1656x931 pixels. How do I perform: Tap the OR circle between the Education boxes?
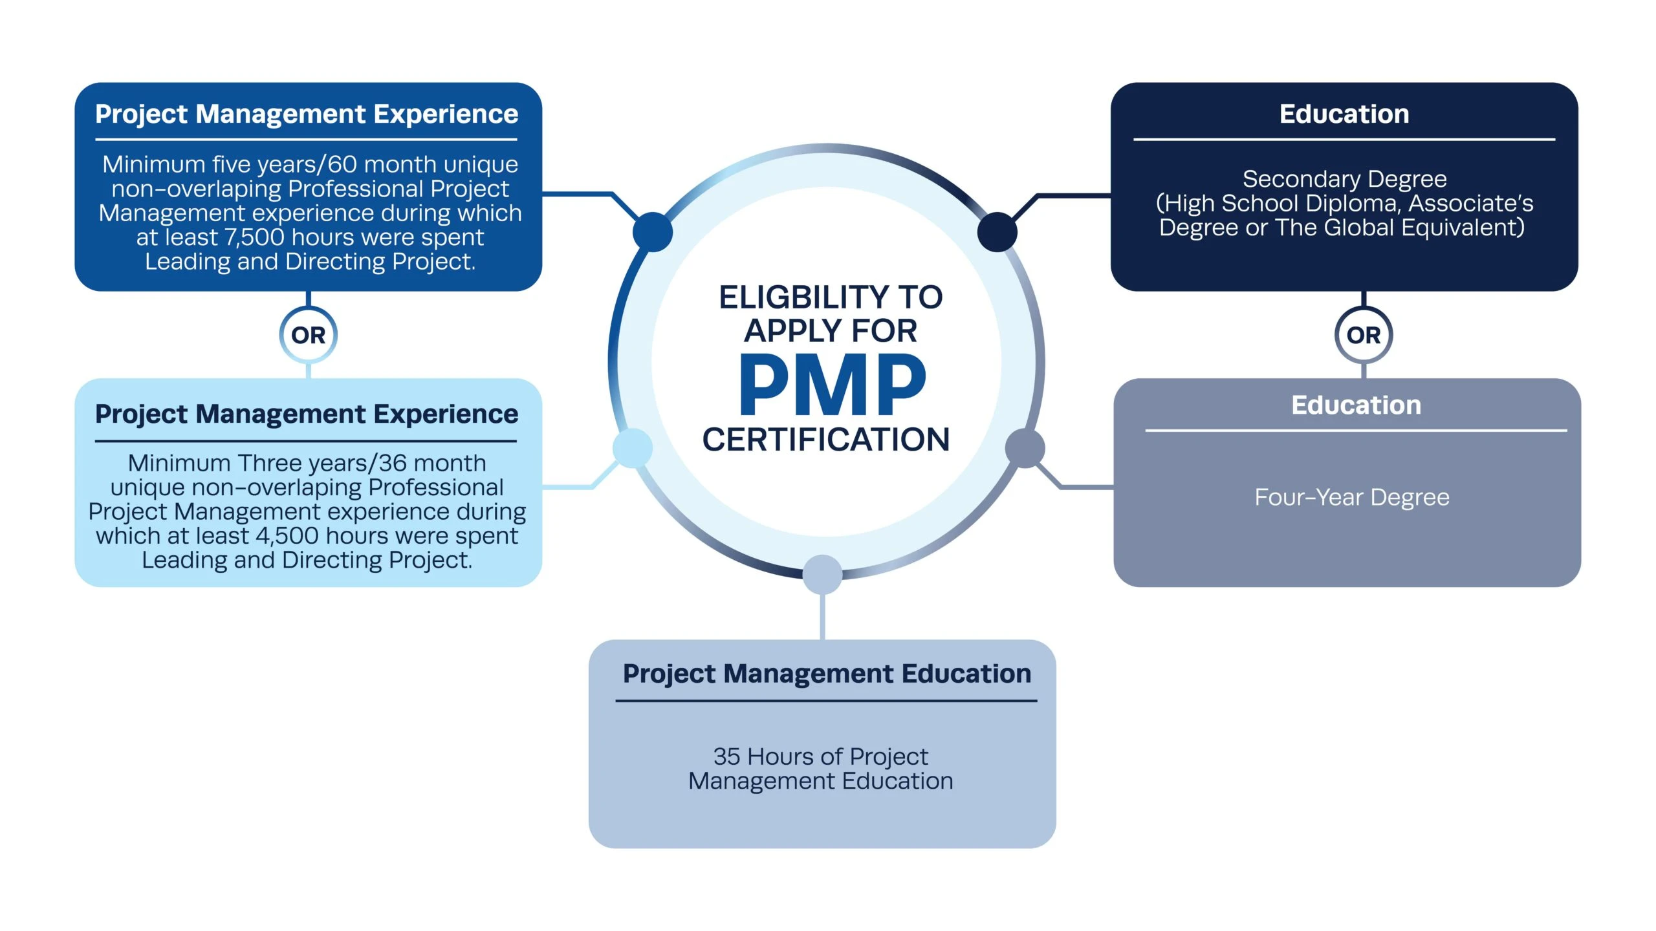click(1364, 335)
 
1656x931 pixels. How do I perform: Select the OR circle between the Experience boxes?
click(308, 335)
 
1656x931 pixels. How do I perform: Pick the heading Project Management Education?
click(827, 674)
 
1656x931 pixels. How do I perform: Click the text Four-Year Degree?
click(1352, 497)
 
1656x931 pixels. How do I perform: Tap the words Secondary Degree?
click(1344, 178)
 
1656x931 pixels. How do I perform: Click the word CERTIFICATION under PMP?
click(826, 440)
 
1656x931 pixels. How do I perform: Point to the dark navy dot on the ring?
click(997, 232)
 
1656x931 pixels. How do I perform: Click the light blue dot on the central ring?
click(632, 448)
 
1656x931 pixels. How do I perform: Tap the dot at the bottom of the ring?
click(822, 574)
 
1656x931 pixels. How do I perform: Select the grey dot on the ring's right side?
click(1025, 448)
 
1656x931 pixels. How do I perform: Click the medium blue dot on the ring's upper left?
click(652, 232)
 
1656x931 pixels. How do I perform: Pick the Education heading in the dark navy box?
click(1344, 114)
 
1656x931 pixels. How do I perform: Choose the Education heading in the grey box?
click(1356, 405)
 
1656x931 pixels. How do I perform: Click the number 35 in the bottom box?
click(726, 756)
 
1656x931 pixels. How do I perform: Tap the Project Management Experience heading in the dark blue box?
click(307, 114)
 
